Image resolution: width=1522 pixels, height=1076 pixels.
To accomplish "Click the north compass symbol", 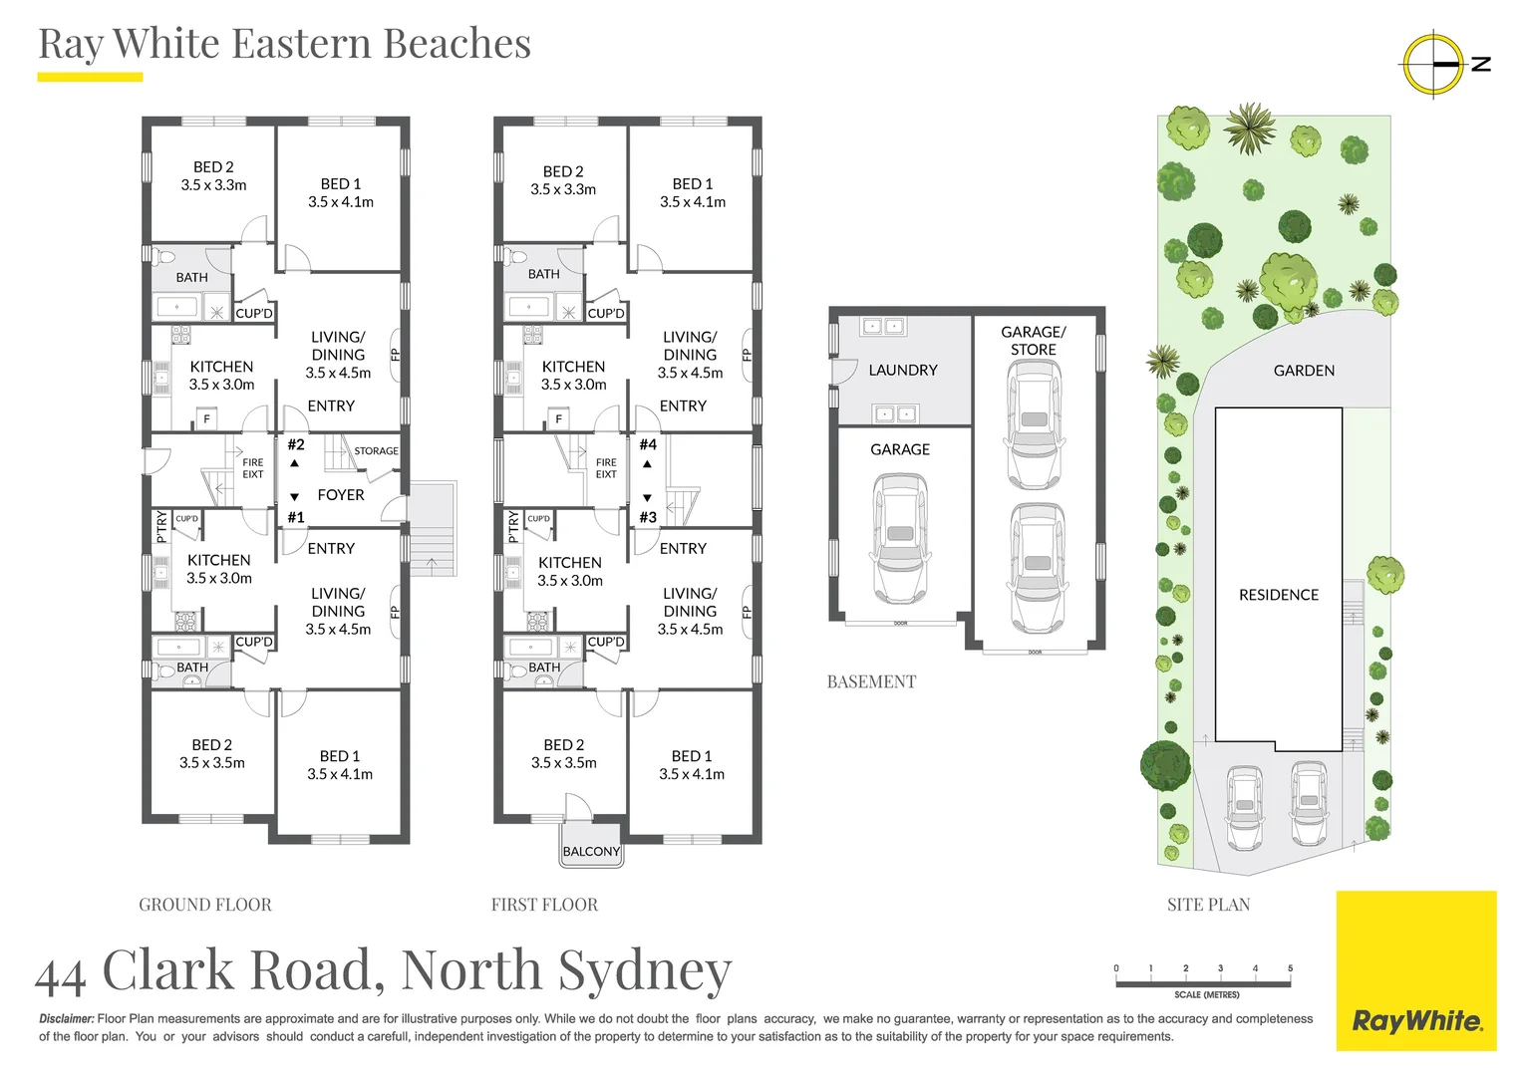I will (1434, 64).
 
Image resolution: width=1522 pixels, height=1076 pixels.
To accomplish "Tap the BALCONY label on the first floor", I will (591, 851).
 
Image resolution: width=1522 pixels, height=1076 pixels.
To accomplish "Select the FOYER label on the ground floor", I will (341, 495).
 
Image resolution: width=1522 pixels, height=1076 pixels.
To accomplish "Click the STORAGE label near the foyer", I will (376, 451).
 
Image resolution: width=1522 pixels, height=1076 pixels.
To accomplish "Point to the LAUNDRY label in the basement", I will (902, 370).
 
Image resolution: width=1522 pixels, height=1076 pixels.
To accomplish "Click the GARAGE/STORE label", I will (1034, 341).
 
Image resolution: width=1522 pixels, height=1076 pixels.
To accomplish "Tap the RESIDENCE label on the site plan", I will (1278, 595).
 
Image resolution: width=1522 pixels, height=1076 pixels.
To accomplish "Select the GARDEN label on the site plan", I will (1303, 371).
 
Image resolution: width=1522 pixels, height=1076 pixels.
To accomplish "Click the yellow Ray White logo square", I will (1415, 970).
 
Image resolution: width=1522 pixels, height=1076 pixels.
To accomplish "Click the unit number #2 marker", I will (296, 445).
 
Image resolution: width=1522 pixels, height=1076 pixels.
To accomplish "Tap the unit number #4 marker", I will (648, 445).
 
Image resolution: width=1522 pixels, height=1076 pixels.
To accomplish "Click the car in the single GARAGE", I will (900, 539).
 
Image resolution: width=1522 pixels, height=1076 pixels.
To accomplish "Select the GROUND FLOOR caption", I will (205, 905).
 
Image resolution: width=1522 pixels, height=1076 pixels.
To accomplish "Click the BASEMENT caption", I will (871, 681).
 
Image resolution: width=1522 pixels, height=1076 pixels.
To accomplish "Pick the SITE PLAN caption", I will (1208, 905).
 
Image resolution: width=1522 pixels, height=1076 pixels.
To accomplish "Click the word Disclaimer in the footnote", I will (67, 1018).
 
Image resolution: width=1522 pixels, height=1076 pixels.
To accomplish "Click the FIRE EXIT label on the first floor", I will (606, 468).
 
